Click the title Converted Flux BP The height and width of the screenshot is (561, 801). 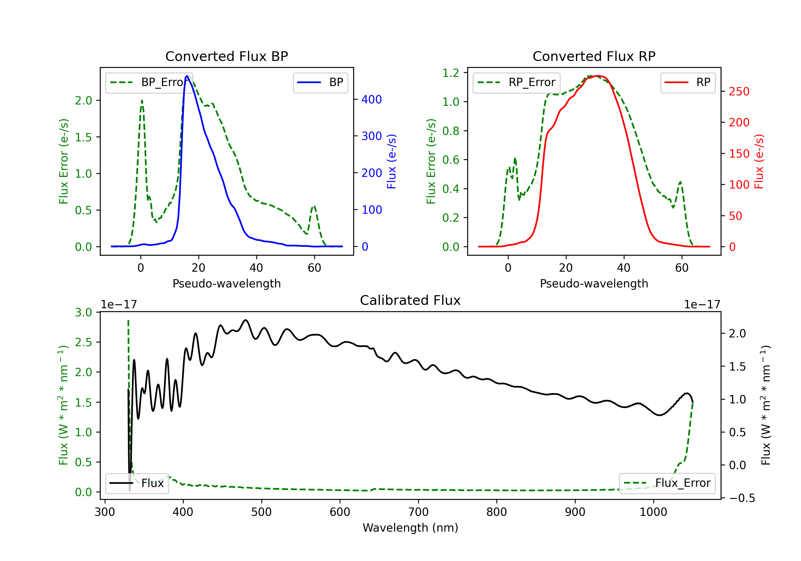pos(226,56)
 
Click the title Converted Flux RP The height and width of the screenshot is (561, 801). pos(594,56)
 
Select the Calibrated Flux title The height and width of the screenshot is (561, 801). pos(410,300)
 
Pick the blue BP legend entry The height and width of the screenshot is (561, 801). pos(320,82)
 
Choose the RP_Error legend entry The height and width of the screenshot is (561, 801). pos(516,82)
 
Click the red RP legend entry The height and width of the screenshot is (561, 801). pos(688,82)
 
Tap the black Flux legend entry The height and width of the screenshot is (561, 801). pos(137,483)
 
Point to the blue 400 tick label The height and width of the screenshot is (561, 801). pos(372,99)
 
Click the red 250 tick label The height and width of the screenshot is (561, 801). pos(739,91)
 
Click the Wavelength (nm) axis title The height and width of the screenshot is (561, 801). pos(410,528)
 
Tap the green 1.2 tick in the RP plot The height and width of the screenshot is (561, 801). pos(451,73)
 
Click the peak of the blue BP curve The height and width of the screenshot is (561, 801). pos(187,76)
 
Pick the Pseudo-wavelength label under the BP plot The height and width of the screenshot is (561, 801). pos(226,283)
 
